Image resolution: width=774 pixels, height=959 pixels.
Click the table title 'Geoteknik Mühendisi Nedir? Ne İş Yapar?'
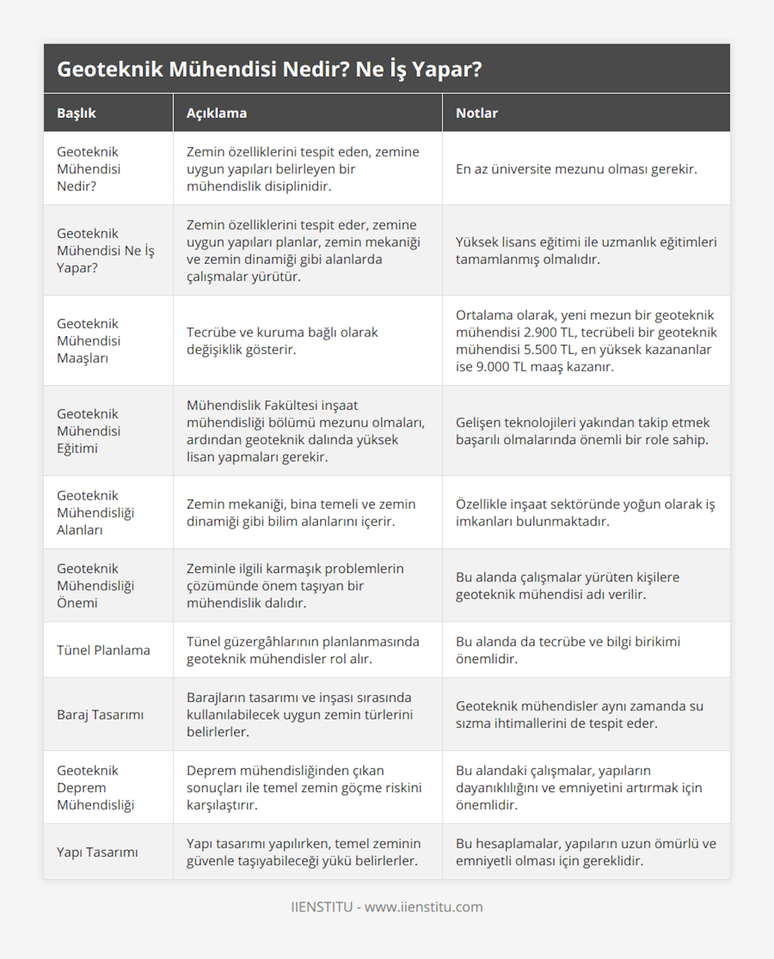point(269,69)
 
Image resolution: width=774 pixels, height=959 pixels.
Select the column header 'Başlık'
point(76,113)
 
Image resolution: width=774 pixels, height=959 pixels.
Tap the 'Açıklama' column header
point(216,113)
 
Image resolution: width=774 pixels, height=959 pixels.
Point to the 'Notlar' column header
point(477,113)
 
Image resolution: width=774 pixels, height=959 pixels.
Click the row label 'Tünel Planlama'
point(103,650)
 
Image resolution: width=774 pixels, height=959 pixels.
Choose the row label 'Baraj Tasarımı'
point(100,714)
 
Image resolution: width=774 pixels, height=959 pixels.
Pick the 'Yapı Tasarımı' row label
point(97,851)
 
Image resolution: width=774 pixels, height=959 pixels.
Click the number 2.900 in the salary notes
point(545,333)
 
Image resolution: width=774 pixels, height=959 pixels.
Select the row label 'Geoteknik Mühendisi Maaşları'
point(88,340)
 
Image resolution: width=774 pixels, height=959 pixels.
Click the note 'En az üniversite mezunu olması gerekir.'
point(576,169)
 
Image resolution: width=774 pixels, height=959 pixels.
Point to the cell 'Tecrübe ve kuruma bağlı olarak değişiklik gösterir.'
point(282,340)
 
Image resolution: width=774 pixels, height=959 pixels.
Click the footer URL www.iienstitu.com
point(423,907)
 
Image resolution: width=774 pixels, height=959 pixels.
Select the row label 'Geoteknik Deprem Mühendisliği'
point(95,787)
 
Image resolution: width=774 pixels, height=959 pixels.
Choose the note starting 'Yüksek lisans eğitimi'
point(586,250)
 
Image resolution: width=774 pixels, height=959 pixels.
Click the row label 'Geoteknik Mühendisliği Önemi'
point(95,585)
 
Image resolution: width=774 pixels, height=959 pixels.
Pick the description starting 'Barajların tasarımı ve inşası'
point(299,714)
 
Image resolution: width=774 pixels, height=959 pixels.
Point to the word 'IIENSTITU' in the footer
point(321,907)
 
